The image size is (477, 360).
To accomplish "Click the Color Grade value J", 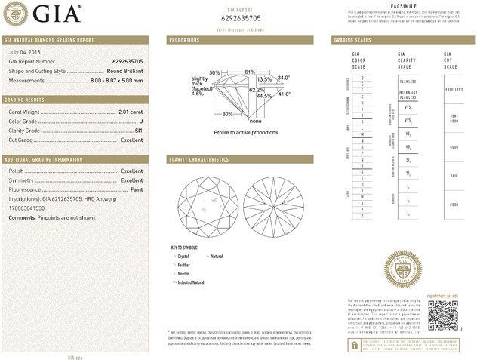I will pyautogui.click(x=140, y=122).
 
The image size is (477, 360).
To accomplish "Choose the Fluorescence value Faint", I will pyautogui.click(x=134, y=189).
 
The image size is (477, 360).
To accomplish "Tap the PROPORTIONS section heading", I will pyautogui.click(x=184, y=39).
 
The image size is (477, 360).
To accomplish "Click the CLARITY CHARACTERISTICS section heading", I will pyautogui.click(x=199, y=160).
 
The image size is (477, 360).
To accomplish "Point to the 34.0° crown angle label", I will pyautogui.click(x=284, y=78).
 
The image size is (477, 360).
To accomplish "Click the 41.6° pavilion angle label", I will pyautogui.click(x=284, y=94).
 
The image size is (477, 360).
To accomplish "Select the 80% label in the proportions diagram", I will pyautogui.click(x=228, y=115).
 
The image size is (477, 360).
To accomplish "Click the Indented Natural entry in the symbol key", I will pyautogui.click(x=191, y=282).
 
